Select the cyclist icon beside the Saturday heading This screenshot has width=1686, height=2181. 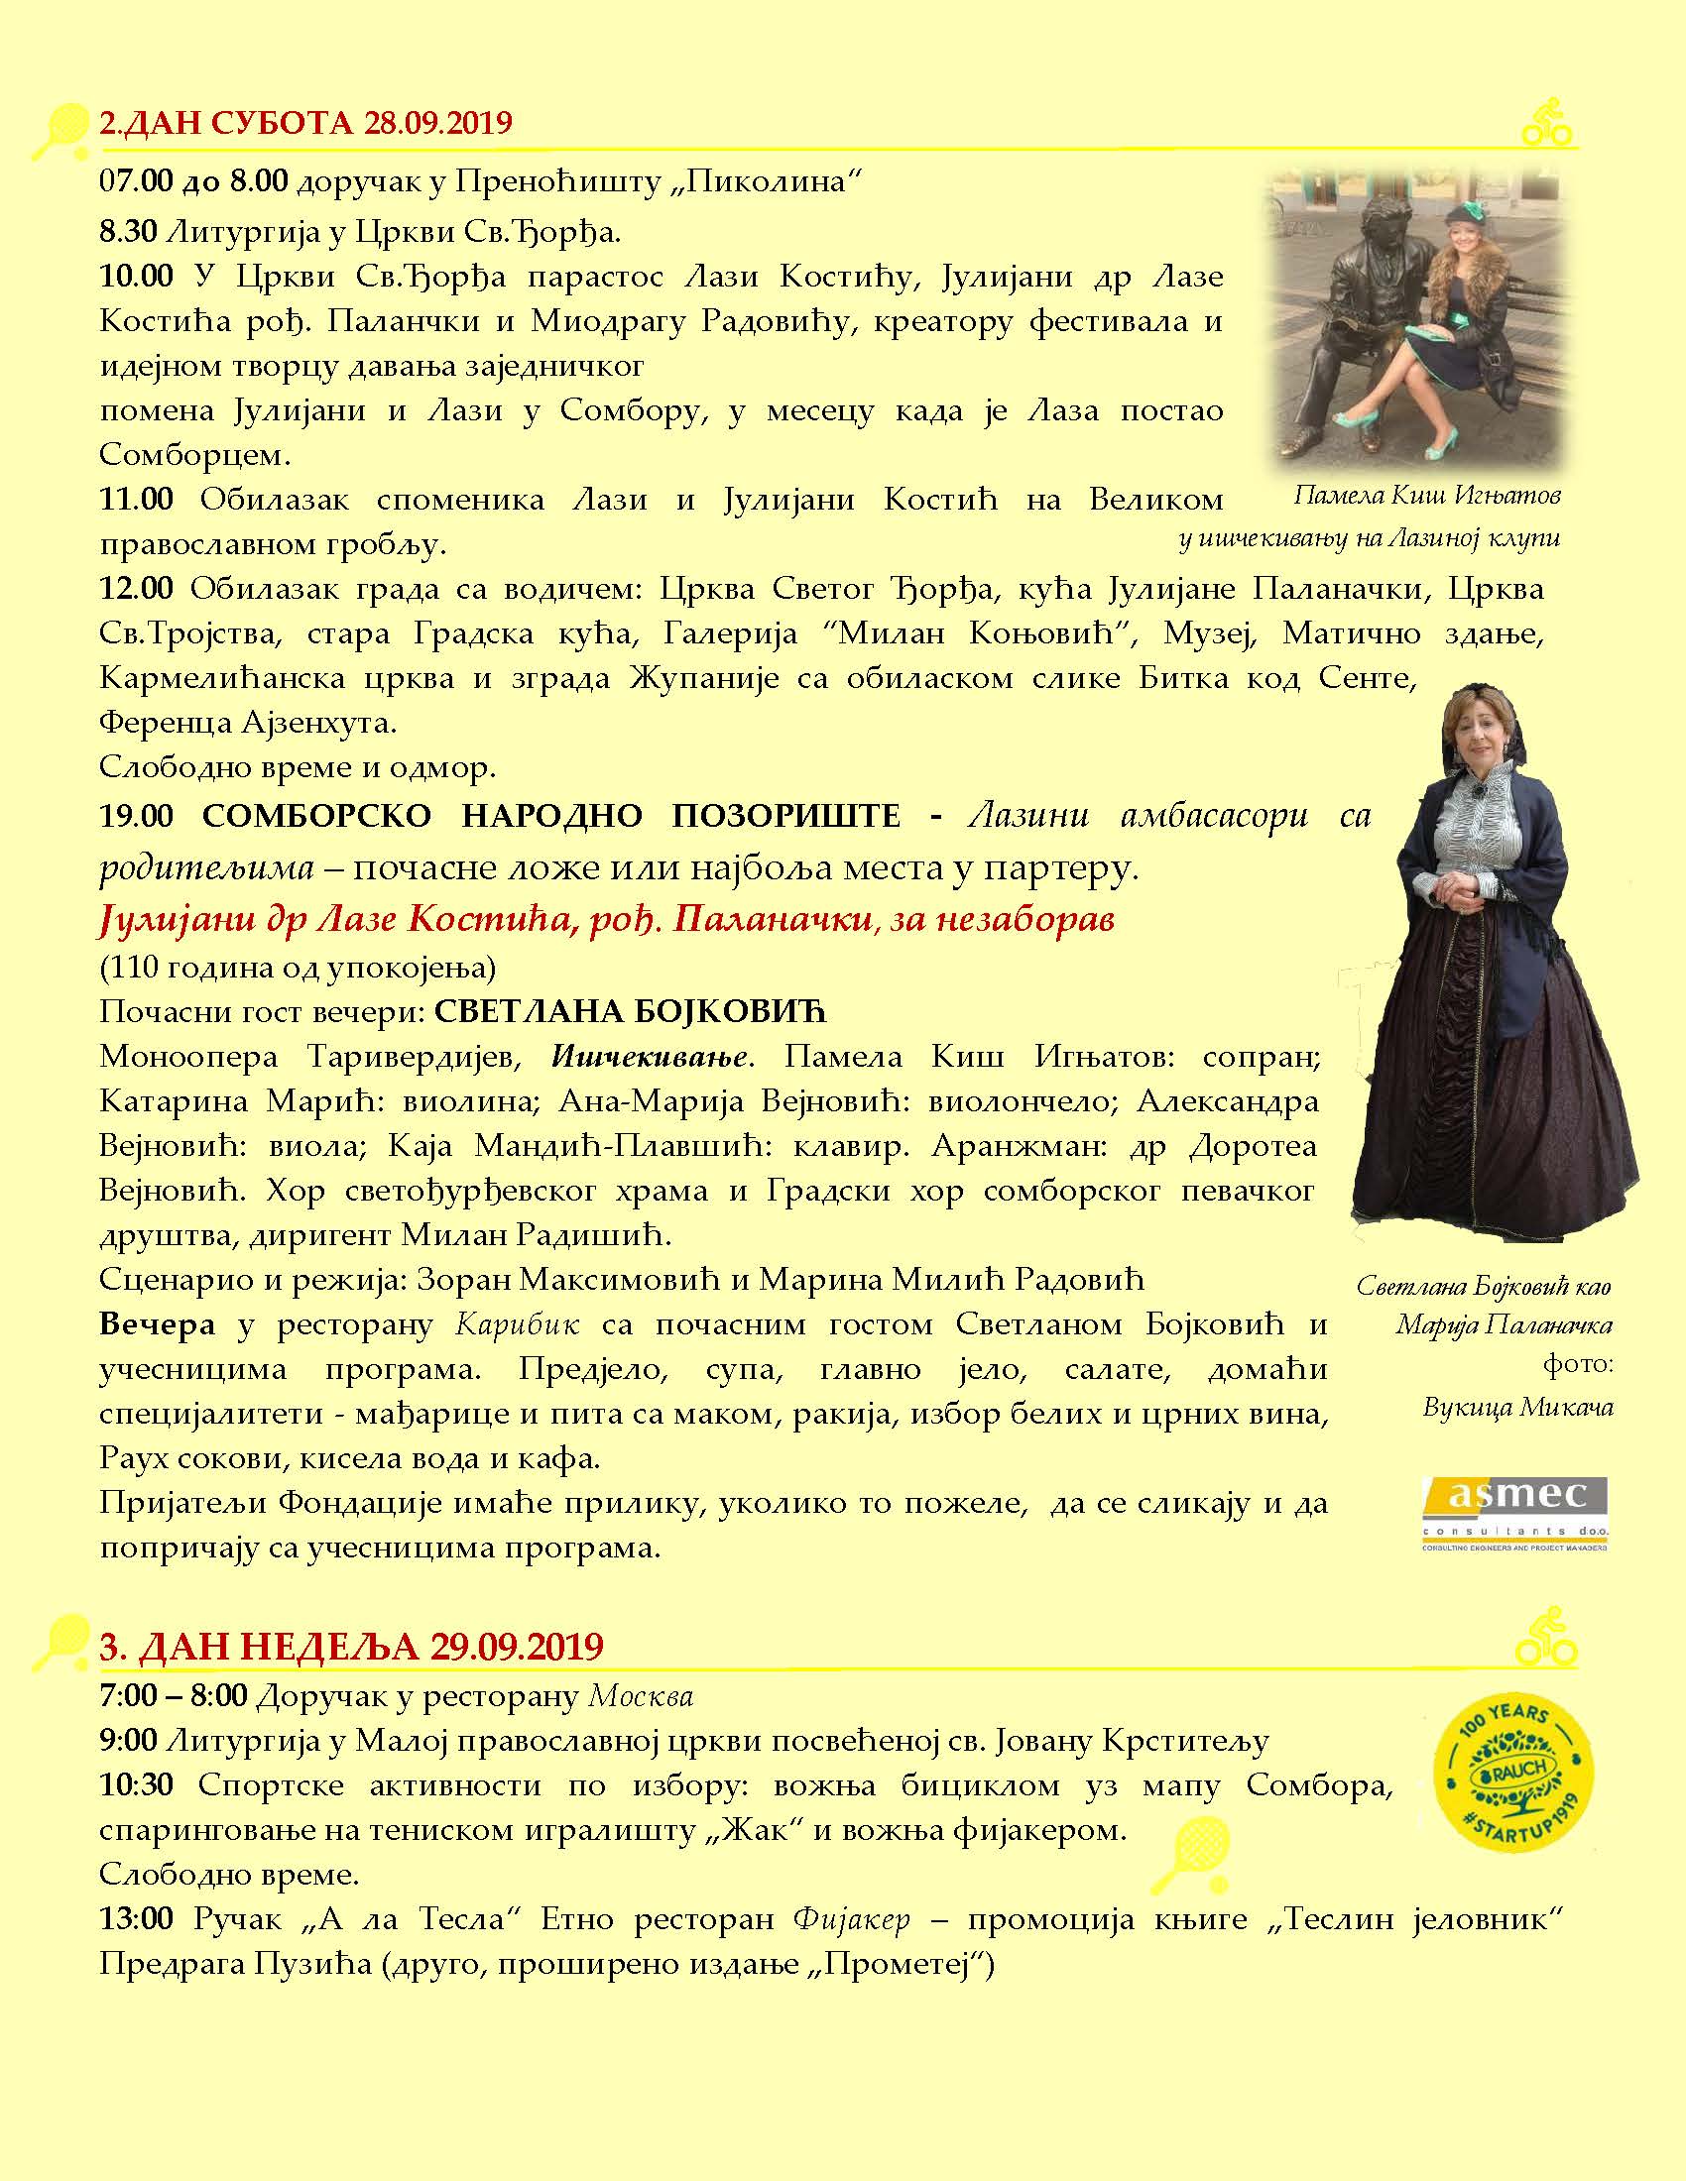coord(1546,122)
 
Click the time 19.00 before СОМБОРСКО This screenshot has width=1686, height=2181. coord(136,816)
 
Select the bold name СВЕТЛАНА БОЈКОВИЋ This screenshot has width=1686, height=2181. coord(631,1011)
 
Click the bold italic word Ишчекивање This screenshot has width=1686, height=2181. coord(650,1057)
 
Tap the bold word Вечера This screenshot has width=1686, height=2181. coord(157,1324)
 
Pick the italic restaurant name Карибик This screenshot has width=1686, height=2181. coord(518,1324)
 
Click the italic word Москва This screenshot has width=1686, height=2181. coord(641,1695)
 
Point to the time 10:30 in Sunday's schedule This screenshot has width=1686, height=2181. coord(136,1784)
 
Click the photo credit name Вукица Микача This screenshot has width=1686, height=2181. coord(1517,1407)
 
